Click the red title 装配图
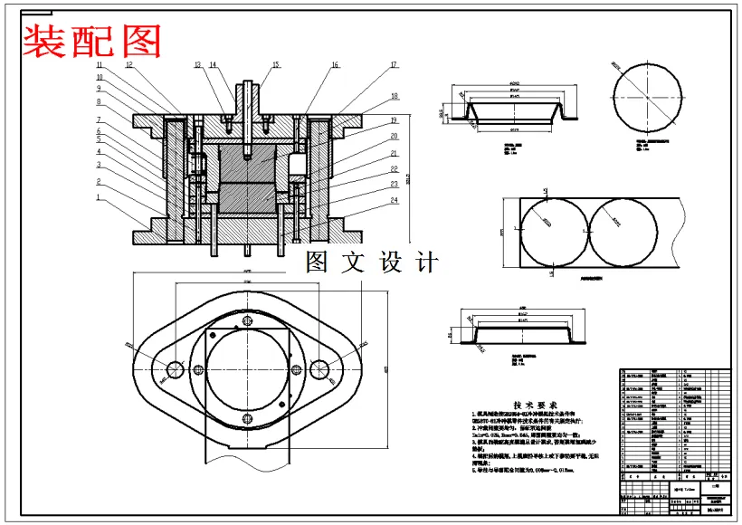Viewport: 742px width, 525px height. tap(92, 40)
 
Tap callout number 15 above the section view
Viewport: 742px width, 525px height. tap(275, 65)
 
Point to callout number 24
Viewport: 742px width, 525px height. tap(395, 200)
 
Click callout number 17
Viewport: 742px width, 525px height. tap(395, 65)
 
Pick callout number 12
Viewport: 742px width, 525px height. tap(129, 65)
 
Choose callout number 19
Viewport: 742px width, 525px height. tap(395, 120)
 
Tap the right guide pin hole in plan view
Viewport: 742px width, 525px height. tap(319, 368)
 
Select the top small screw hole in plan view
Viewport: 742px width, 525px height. tap(246, 320)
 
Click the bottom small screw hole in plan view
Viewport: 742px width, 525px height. tap(246, 417)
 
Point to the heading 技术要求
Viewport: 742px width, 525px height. tap(535, 405)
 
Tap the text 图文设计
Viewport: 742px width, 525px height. tap(372, 262)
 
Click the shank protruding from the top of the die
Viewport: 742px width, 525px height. tap(247, 96)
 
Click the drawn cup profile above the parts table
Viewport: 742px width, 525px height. tap(512, 330)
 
